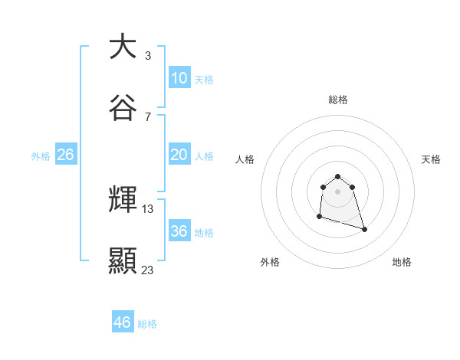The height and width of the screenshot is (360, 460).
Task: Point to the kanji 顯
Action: pyautogui.click(x=123, y=260)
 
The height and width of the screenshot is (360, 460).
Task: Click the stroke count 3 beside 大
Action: pyautogui.click(x=147, y=55)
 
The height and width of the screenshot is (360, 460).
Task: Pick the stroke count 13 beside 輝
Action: pyautogui.click(x=148, y=208)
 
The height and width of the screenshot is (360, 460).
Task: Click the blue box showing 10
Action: pyautogui.click(x=179, y=78)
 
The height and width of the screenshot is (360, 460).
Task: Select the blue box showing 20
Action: pyautogui.click(x=179, y=155)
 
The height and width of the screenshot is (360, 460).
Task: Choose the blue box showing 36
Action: pyautogui.click(x=179, y=231)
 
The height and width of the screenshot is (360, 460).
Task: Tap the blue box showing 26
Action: pyautogui.click(x=65, y=155)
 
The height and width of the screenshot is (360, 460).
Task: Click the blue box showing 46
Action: pyautogui.click(x=122, y=322)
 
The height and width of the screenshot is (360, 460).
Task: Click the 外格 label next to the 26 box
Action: pyautogui.click(x=41, y=156)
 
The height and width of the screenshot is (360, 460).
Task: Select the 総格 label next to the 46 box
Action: pyautogui.click(x=147, y=324)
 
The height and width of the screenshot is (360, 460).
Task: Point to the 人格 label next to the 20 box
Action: pyautogui.click(x=204, y=156)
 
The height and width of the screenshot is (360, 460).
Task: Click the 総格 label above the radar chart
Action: pyautogui.click(x=337, y=100)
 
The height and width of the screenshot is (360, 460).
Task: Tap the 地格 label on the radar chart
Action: pyautogui.click(x=402, y=262)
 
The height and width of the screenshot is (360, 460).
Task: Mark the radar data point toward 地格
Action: pyautogui.click(x=364, y=229)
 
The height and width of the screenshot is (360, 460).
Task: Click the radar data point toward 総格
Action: pyautogui.click(x=337, y=174)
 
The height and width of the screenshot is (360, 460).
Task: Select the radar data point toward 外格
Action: pyautogui.click(x=319, y=217)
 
